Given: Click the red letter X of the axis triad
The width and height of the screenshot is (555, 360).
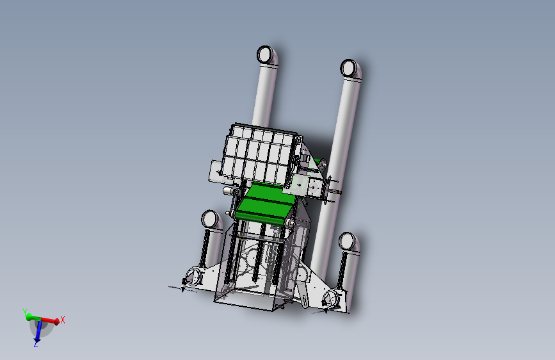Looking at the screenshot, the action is coord(63,320).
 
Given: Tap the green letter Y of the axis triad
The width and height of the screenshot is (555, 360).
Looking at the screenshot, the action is coord(25,312).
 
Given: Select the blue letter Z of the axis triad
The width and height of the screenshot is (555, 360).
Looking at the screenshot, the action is coord(36,344).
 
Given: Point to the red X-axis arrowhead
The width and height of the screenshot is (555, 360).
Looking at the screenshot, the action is coord(55,322).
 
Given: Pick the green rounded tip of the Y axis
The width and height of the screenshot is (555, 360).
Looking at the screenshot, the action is coord(29,317).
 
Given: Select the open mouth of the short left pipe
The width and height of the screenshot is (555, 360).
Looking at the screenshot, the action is coord(210,218).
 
